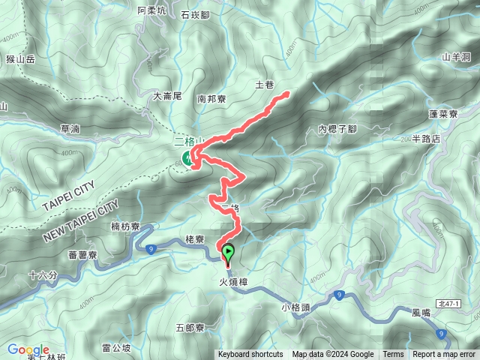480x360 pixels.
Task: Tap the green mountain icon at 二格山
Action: (187, 157)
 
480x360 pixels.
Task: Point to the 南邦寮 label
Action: (211, 97)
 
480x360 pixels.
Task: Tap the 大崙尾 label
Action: (167, 95)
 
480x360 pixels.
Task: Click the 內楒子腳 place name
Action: (337, 129)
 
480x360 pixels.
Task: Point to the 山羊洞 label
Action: (456, 56)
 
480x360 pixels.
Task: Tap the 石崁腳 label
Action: (196, 13)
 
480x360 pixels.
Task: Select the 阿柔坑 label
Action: (151, 10)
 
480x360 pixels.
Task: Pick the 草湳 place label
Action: (70, 129)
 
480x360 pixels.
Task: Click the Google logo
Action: (28, 349)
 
